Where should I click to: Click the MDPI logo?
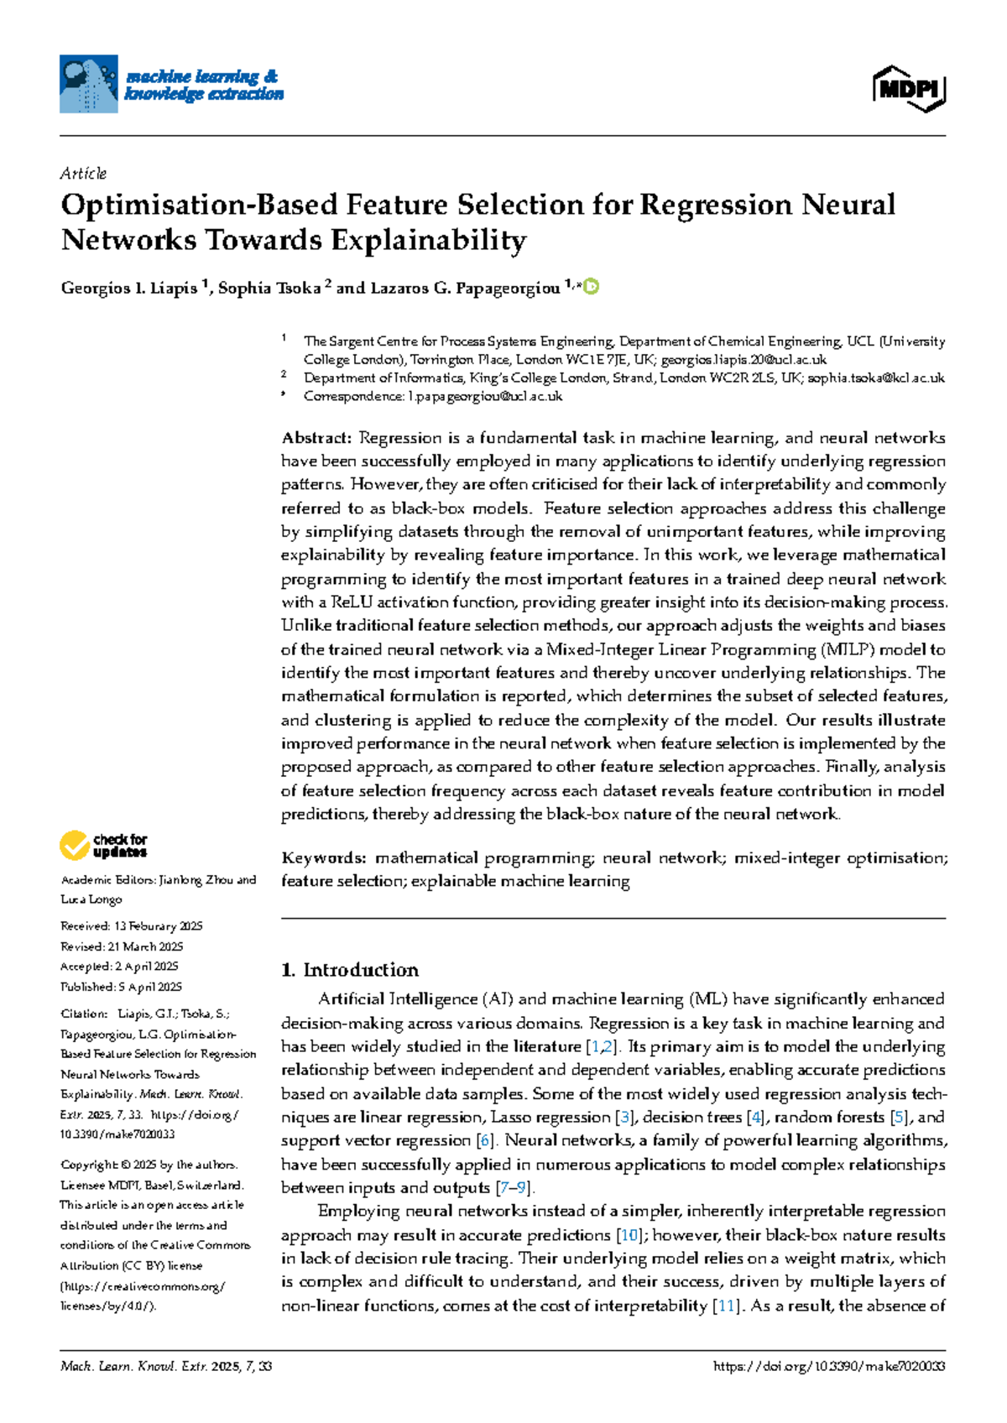909,88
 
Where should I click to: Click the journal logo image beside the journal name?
88,84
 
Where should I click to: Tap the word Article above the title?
83,174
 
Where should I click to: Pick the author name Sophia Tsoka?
269,289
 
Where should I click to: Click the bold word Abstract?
316,438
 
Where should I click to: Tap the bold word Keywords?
323,857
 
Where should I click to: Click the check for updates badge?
103,845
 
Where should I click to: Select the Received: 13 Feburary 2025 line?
132,926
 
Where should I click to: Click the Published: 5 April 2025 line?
121,987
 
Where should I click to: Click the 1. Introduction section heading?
350,970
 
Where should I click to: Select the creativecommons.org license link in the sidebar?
143,1286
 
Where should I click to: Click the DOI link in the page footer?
828,1367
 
